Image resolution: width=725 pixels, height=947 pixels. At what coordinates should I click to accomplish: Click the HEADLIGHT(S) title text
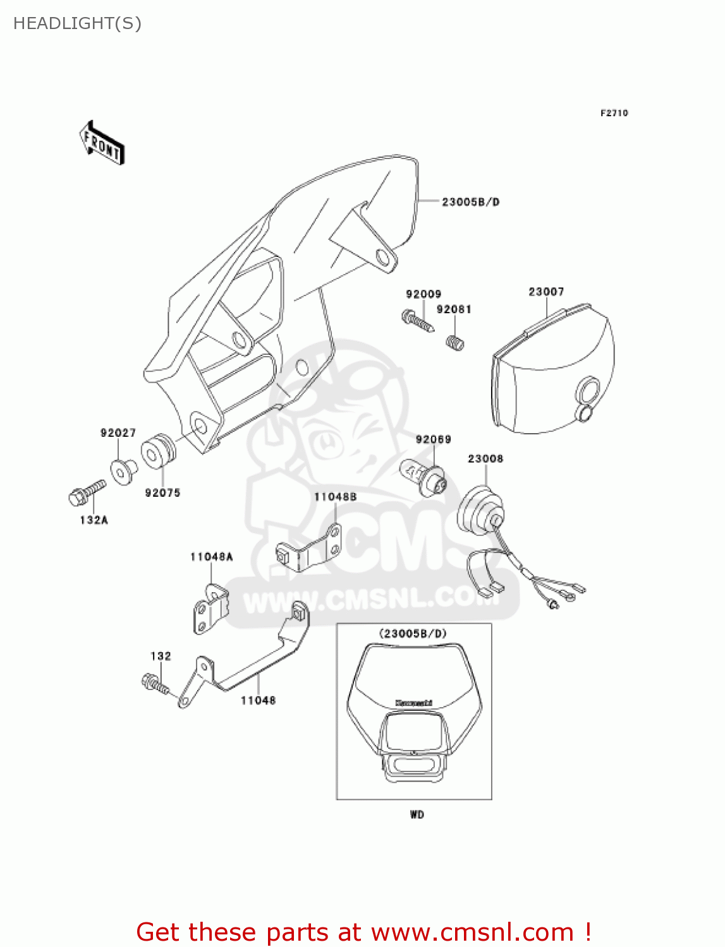tap(77, 23)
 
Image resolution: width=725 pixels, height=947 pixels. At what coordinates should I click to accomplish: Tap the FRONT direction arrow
tap(101, 143)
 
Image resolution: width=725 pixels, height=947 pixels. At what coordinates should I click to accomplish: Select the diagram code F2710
tap(614, 113)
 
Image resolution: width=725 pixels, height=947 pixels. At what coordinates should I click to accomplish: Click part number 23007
tap(546, 292)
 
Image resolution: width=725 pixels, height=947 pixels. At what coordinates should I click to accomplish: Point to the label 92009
tap(423, 294)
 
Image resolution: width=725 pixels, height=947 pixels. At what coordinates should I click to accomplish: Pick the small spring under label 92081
tap(455, 343)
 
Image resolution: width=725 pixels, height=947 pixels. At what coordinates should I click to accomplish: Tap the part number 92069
tap(433, 439)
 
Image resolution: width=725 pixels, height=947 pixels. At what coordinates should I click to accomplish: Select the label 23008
tap(485, 459)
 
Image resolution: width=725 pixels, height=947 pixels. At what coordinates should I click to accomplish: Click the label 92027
tap(118, 432)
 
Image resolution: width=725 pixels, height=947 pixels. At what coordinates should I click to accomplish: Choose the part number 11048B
tap(335, 497)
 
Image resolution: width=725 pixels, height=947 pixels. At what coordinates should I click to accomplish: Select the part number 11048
tap(258, 700)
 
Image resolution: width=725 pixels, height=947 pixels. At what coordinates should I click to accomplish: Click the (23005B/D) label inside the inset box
tap(413, 633)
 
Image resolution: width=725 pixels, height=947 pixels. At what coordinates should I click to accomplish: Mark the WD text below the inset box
tap(417, 814)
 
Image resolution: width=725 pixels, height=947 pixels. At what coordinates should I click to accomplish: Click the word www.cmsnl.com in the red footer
tap(472, 932)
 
